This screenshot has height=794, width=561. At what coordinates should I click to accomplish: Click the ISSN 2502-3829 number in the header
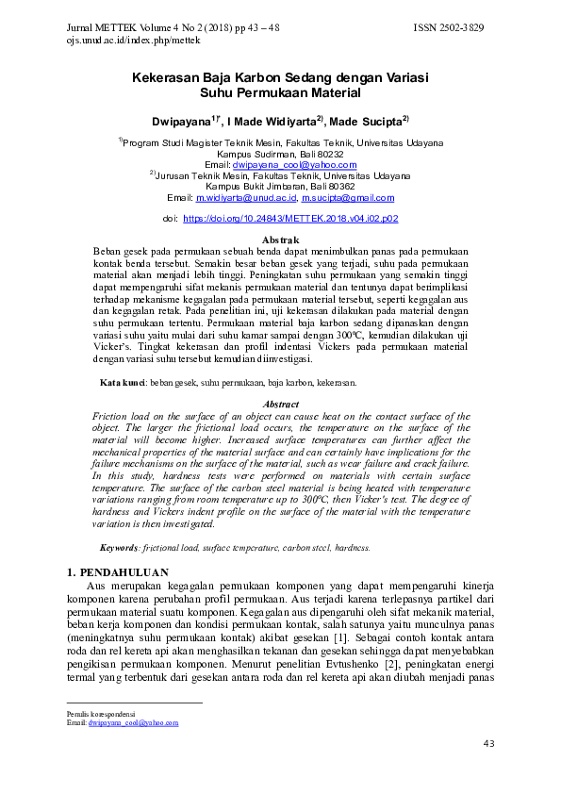pyautogui.click(x=449, y=29)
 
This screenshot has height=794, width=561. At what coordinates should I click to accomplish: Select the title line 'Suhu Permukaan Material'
pyautogui.click(x=281, y=94)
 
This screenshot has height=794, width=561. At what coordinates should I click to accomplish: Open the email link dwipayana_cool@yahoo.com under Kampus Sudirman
pyautogui.click(x=294, y=164)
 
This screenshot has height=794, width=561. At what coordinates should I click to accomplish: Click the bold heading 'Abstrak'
pyautogui.click(x=280, y=241)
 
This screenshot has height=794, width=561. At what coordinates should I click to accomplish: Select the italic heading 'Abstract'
pyautogui.click(x=280, y=404)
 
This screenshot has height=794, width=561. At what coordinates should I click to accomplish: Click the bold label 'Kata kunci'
pyautogui.click(x=122, y=383)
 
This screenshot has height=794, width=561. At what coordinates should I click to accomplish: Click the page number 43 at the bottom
pyautogui.click(x=488, y=744)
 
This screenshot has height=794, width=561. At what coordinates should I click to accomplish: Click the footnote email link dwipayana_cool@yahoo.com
pyautogui.click(x=133, y=723)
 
